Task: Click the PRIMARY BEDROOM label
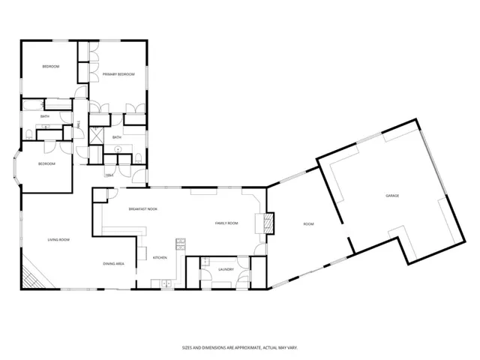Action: (x=118, y=74)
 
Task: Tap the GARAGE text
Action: (x=392, y=196)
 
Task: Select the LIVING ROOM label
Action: (x=58, y=239)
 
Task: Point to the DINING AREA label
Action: (x=114, y=264)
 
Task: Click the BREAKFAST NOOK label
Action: (x=142, y=209)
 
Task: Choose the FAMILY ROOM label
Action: (x=226, y=223)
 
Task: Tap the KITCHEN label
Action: (x=160, y=258)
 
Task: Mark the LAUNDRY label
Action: (x=226, y=269)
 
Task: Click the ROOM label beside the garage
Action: (x=308, y=223)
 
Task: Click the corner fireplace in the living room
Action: (x=31, y=277)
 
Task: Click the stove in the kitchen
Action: (x=180, y=244)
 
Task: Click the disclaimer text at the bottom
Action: (x=239, y=347)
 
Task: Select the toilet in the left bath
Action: (x=28, y=133)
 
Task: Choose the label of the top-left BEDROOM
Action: (x=50, y=67)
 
